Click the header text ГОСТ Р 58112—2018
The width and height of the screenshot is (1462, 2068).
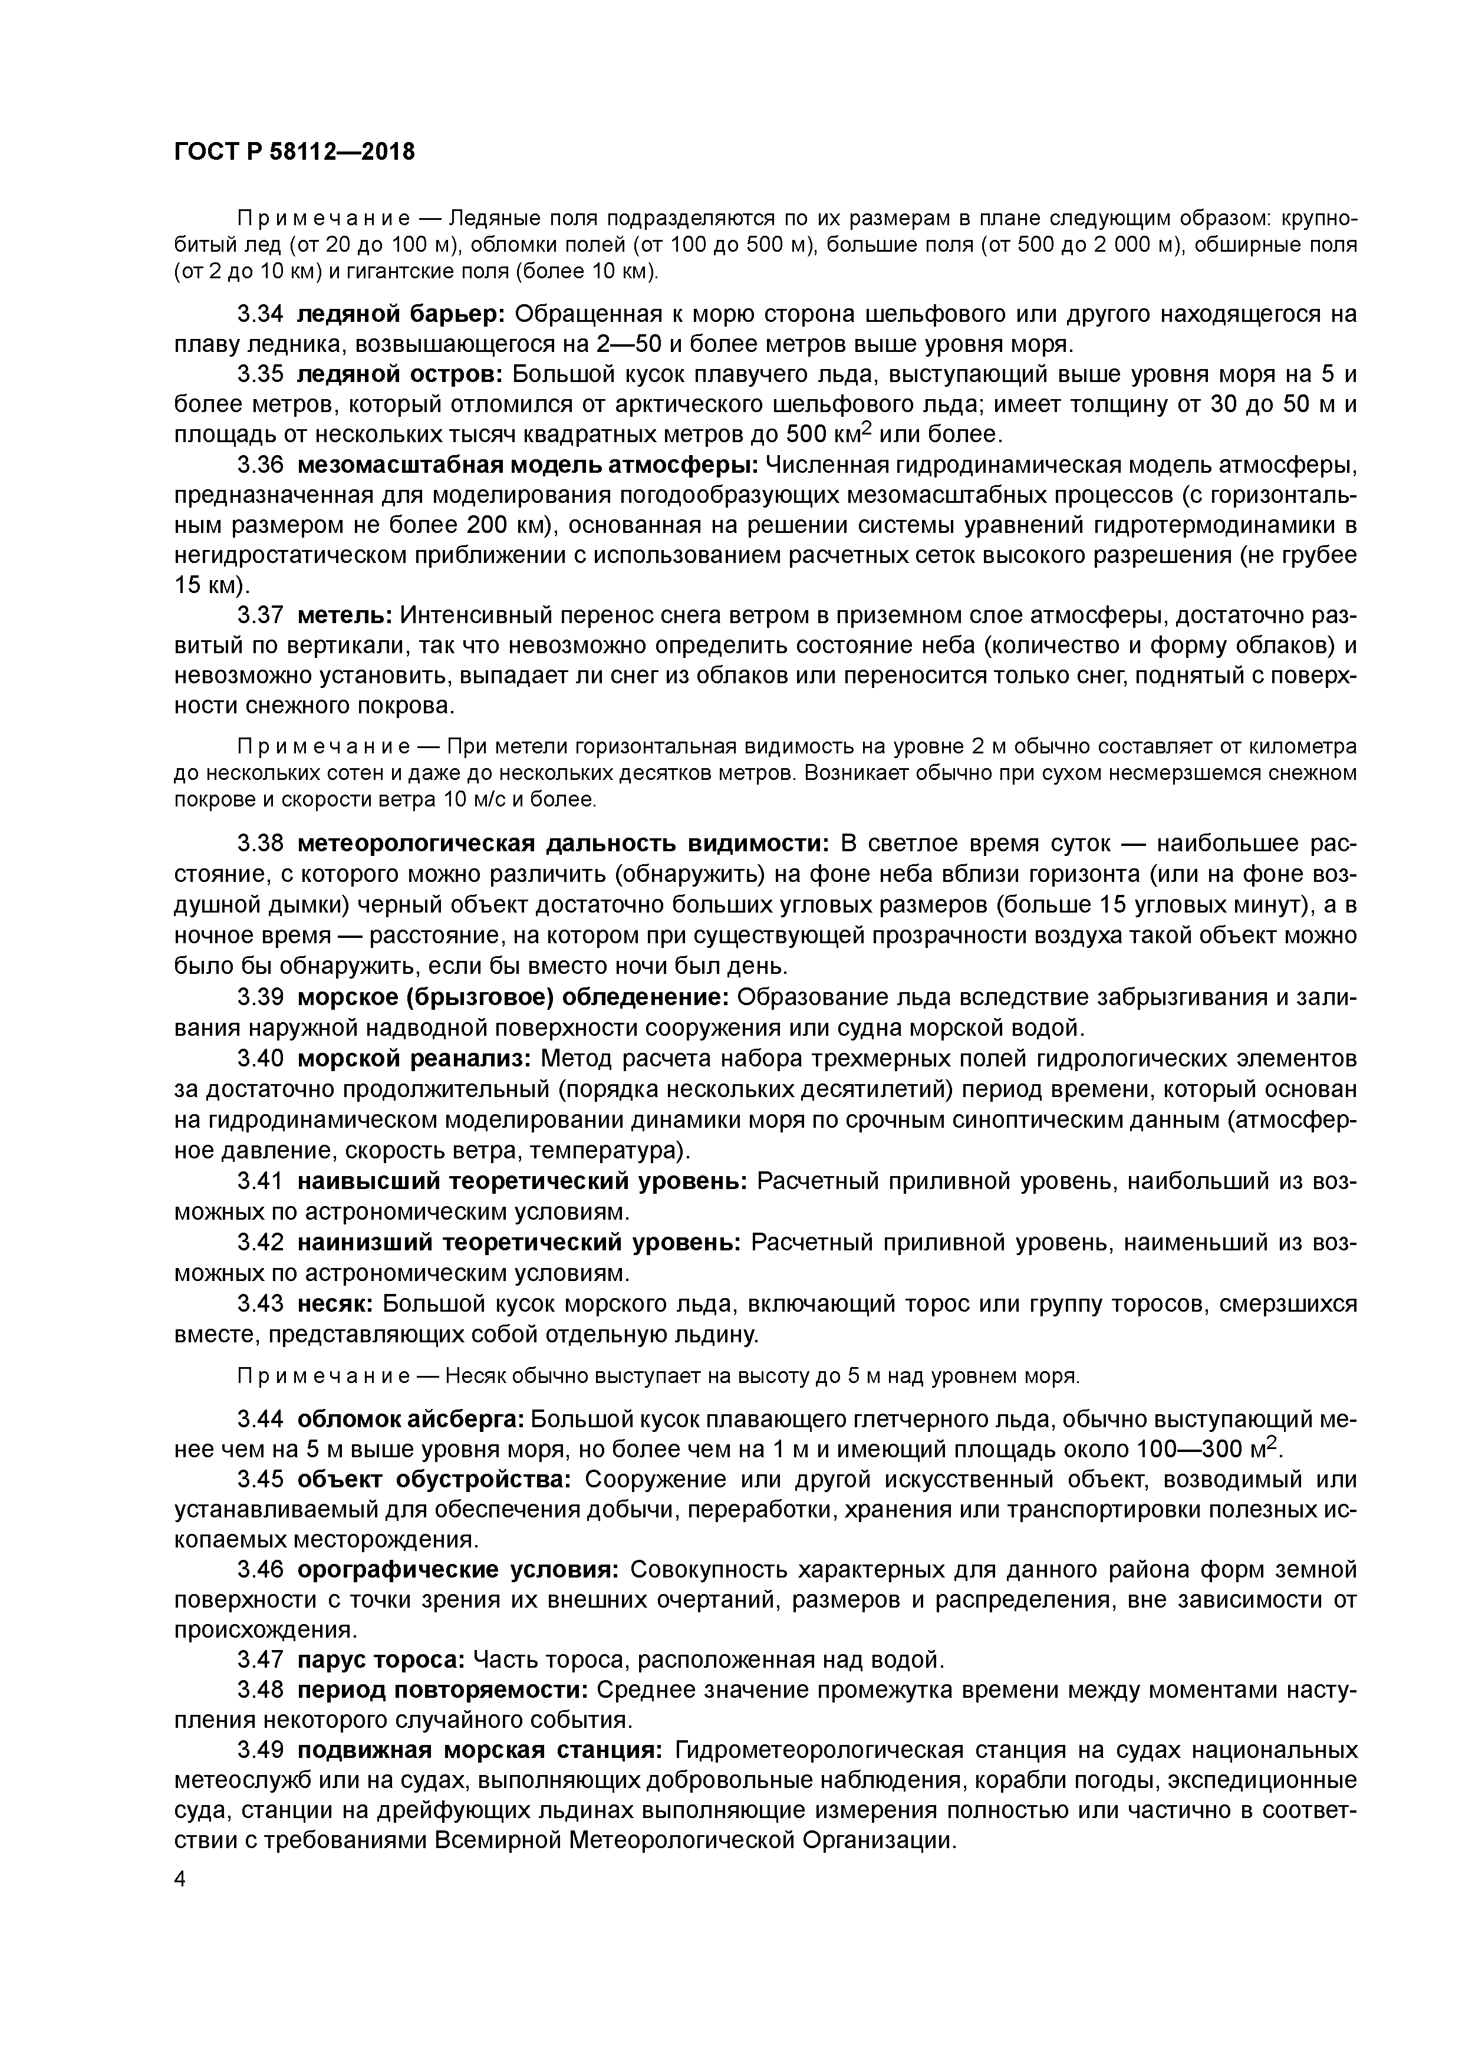coord(295,152)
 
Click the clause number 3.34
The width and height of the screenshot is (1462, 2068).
coord(261,314)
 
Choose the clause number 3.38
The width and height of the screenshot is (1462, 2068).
coord(261,844)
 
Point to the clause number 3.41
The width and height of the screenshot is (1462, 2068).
coord(261,1181)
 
